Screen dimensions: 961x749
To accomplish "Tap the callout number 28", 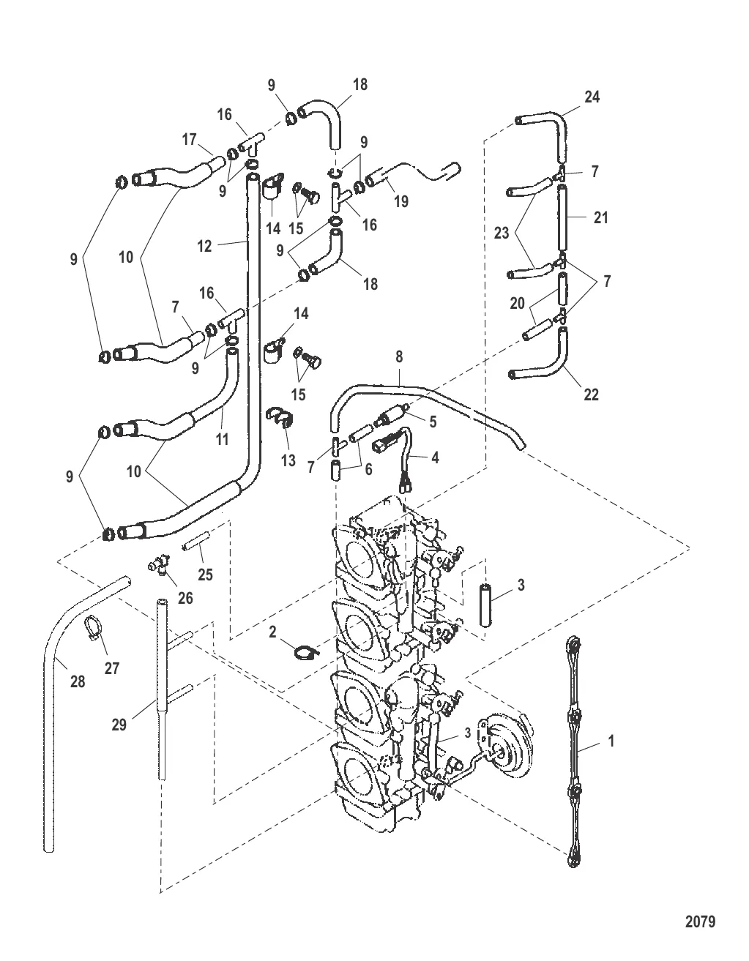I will coord(77,682).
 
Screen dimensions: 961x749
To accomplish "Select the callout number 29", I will coord(119,725).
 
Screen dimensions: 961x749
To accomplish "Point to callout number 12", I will coord(204,246).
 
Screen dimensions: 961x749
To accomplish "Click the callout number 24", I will coord(592,97).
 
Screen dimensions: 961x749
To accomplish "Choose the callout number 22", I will coord(592,395).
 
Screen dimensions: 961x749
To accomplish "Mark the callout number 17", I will coord(190,139).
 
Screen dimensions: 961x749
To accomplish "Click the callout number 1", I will coord(611,741).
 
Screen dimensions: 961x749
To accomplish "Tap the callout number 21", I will coord(601,217).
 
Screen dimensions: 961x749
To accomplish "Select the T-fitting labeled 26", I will coord(159,564).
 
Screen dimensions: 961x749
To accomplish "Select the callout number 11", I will coord(222,439).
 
